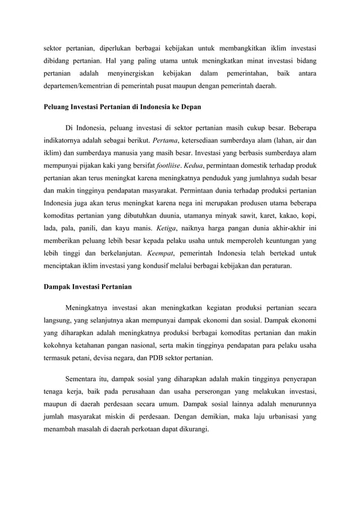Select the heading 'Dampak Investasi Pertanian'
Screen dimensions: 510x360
point(87,287)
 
